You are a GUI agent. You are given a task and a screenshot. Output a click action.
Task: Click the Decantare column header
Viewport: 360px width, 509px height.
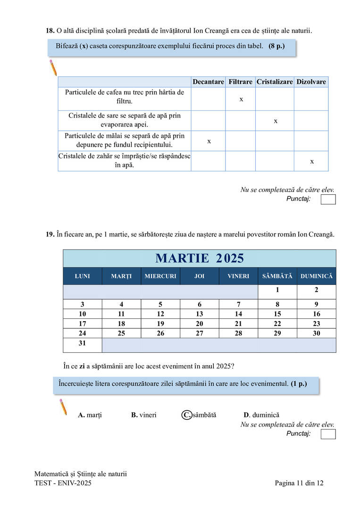pyautogui.click(x=208, y=82)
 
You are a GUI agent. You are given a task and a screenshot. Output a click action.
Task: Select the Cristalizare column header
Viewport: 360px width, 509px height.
pyautogui.click(x=275, y=82)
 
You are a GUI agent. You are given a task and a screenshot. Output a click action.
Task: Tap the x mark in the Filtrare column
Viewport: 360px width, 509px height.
pyautogui.click(x=241, y=100)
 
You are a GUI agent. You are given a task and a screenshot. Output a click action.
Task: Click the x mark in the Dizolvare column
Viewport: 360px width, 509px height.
pyautogui.click(x=312, y=161)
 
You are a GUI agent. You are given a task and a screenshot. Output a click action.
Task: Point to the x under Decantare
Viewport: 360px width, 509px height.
pyautogui.click(x=209, y=141)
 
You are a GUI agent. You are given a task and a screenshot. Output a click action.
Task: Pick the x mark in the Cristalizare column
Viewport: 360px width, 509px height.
pyautogui.click(x=276, y=121)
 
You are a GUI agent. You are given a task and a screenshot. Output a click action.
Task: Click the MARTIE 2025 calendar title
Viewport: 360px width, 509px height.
pyautogui.click(x=200, y=258)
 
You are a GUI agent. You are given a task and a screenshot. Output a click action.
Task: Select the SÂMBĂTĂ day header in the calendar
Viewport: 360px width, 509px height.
pyautogui.click(x=277, y=276)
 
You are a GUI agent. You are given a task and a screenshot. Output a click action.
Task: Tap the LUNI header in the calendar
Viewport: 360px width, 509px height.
pyautogui.click(x=82, y=276)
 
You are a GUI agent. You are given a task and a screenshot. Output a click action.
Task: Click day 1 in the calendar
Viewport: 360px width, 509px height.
pyautogui.click(x=277, y=290)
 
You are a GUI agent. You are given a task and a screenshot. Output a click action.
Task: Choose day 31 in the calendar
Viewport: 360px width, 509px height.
pyautogui.click(x=82, y=343)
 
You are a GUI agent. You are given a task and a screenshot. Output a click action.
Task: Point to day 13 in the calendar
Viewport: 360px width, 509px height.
pyautogui.click(x=200, y=314)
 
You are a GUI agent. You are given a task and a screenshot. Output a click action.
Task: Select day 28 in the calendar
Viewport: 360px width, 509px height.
pyautogui.click(x=238, y=333)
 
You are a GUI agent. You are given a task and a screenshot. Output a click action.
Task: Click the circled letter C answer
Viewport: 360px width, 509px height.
pyautogui.click(x=187, y=415)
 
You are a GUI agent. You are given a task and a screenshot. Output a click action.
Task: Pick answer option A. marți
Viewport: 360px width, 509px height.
pyautogui.click(x=90, y=415)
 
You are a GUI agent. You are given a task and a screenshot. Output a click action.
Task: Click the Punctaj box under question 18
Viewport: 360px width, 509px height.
pyautogui.click(x=328, y=200)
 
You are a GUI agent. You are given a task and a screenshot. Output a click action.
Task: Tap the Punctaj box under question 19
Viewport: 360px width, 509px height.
pyautogui.click(x=328, y=434)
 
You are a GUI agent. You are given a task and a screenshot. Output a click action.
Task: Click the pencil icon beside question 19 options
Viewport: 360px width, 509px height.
pyautogui.click(x=62, y=407)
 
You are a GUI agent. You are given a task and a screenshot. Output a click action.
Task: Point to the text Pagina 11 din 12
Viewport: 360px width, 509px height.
pyautogui.click(x=299, y=483)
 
